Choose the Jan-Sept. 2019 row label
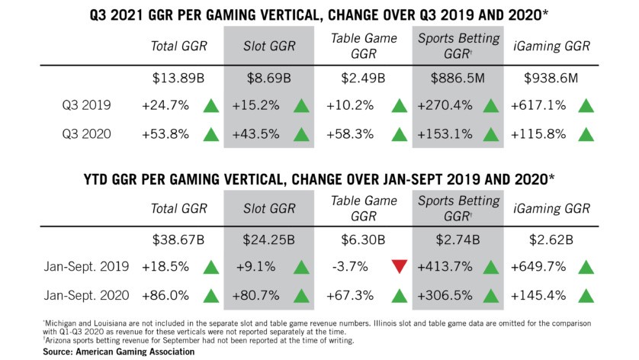pos(79,267)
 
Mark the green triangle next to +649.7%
pos(586,267)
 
